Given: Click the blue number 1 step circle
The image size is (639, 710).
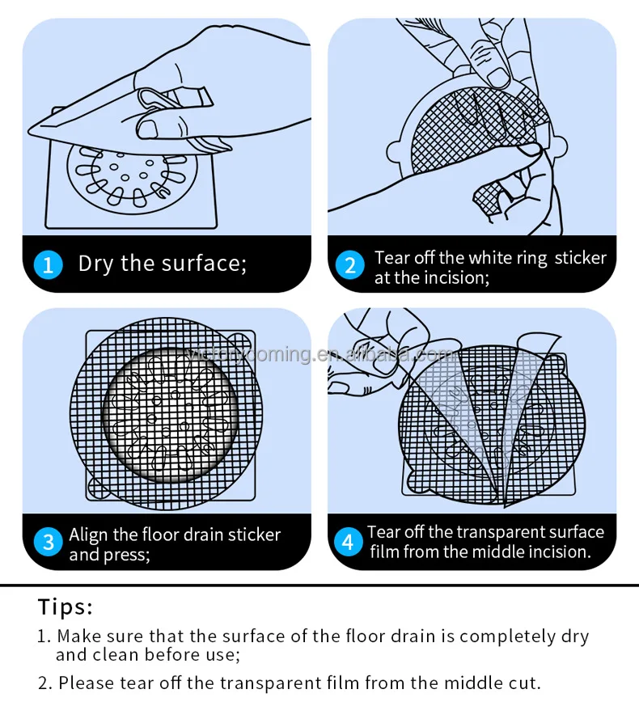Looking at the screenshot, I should point(48,264).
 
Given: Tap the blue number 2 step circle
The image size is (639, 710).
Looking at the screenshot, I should point(350,265).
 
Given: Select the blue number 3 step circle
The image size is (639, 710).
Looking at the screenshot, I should point(48,542).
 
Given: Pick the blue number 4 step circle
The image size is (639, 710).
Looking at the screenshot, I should point(349,542).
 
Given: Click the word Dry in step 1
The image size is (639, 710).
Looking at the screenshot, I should point(95,264).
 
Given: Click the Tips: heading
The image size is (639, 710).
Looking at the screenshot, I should point(66,606).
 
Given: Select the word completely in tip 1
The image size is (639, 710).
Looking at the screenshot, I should point(509,636).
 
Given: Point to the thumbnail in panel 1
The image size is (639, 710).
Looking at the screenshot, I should point(148,128).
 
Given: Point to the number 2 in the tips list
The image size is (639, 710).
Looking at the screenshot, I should point(44,683).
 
